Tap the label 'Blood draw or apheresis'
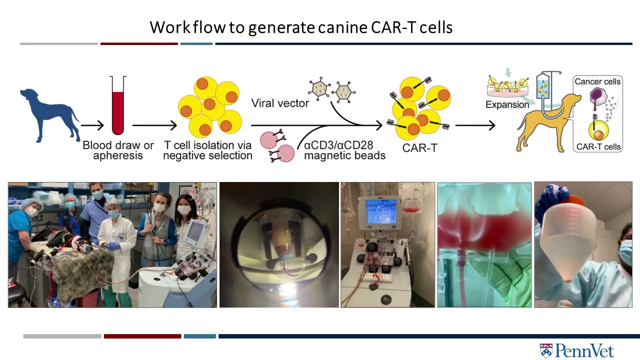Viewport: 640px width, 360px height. tap(118, 150)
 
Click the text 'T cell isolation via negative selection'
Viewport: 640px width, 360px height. tap(208, 150)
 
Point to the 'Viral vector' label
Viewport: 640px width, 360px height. tap(279, 103)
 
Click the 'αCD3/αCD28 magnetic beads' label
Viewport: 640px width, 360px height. tap(344, 150)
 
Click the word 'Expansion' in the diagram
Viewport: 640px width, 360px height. tap(507, 104)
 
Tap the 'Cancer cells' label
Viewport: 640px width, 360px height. tap(597, 81)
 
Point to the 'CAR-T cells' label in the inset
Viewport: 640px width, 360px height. tap(598, 147)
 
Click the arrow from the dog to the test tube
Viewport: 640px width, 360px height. tap(92, 125)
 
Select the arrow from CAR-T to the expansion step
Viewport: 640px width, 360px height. tap(475, 125)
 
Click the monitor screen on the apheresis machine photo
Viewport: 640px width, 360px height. tap(381, 210)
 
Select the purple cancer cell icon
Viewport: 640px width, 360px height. tap(597, 96)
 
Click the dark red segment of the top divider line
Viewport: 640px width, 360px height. tap(139, 44)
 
